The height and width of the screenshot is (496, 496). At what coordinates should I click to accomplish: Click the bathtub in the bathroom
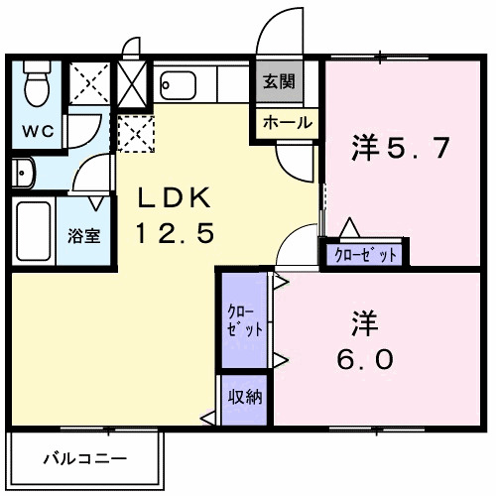pyautogui.click(x=34, y=231)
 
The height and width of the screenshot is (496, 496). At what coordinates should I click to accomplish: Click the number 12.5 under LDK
pyautogui.click(x=177, y=235)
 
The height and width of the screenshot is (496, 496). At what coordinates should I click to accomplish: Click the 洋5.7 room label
pyautogui.click(x=401, y=150)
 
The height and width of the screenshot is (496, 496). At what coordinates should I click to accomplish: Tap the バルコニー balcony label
pyautogui.click(x=84, y=459)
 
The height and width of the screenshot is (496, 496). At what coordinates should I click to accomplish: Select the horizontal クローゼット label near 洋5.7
pyautogui.click(x=365, y=255)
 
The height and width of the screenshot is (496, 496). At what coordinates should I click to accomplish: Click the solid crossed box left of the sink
pyautogui.click(x=132, y=81)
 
